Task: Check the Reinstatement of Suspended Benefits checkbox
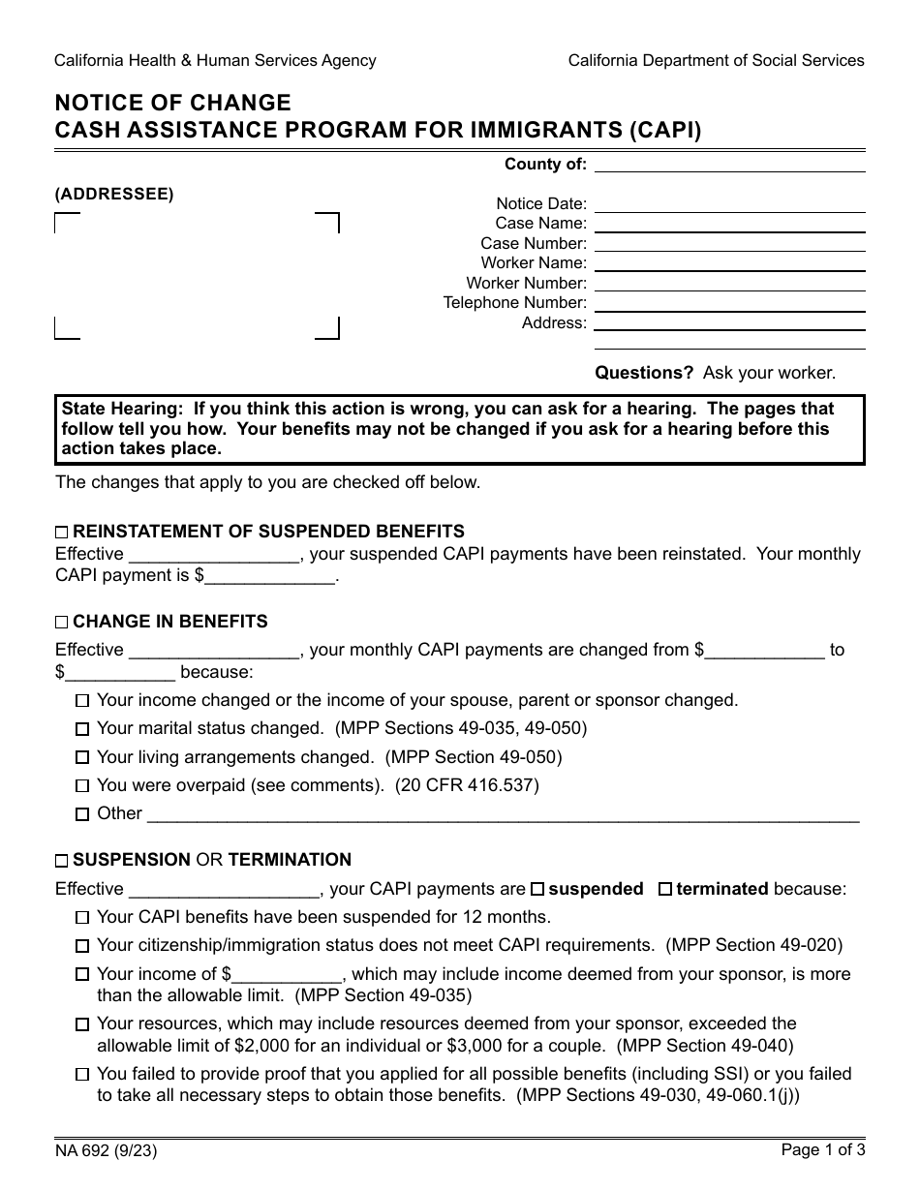tap(62, 533)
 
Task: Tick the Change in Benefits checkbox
tap(62, 623)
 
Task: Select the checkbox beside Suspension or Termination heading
tap(62, 861)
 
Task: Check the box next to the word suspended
tap(538, 889)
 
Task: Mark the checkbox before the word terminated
tap(665, 889)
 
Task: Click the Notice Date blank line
tap(728, 204)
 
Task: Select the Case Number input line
tap(728, 244)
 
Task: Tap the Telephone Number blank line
tap(728, 303)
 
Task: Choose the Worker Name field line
tap(728, 263)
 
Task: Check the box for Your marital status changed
tap(82, 729)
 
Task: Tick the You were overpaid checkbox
tap(82, 786)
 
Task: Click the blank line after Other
tap(502, 814)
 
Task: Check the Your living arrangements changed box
tap(82, 758)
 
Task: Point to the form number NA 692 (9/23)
tap(106, 1151)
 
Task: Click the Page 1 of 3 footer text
tap(822, 1151)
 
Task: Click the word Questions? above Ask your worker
tap(644, 373)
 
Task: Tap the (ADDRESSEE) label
tap(114, 194)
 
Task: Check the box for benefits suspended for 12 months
tap(82, 917)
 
